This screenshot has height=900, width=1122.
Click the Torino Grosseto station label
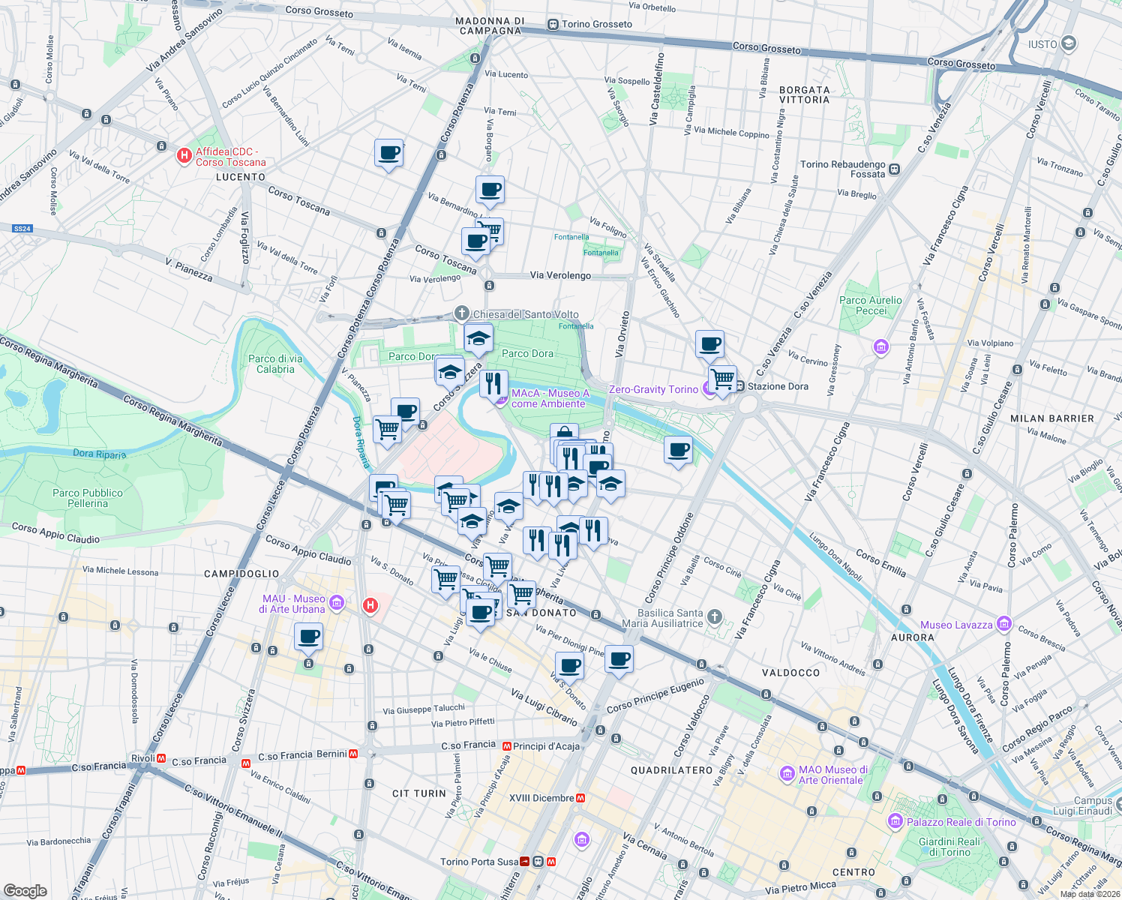pos(596,24)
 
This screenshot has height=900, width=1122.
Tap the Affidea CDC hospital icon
pos(183,156)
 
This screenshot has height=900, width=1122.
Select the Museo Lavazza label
pos(956,625)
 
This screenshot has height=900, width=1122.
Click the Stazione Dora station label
pos(778,386)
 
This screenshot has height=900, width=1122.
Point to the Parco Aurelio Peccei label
pos(871,305)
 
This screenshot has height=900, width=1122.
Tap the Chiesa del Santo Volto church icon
pos(461,313)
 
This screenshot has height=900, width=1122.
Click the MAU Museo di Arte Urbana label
pos(293,604)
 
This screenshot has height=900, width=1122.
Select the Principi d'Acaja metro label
pos(546,746)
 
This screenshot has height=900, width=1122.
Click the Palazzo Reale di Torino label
pos(961,822)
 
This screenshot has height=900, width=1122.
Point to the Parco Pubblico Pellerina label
pos(88,498)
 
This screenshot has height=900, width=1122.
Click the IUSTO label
pos(1042,44)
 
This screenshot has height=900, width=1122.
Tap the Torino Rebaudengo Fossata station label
pos(843,169)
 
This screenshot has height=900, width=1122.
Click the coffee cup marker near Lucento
pos(388,153)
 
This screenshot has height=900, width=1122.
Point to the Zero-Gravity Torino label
pos(653,389)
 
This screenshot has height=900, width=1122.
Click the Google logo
pos(25,891)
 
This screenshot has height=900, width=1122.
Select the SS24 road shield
pos(22,229)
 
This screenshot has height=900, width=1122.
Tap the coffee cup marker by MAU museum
pos(308,638)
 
